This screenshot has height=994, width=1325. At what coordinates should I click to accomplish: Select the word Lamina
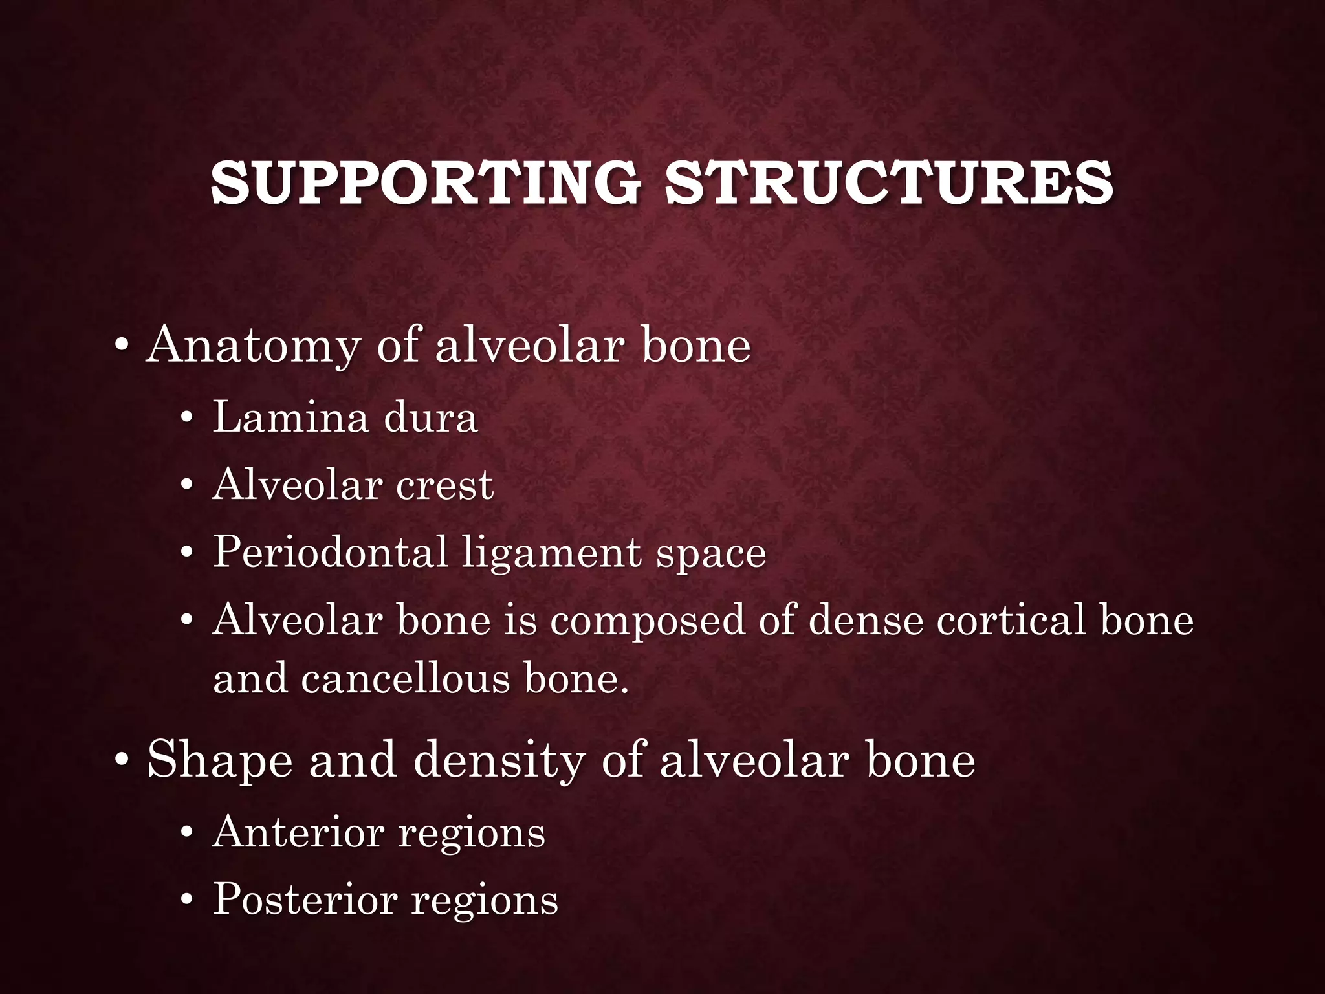coord(290,417)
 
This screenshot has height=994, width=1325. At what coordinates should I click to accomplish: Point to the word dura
coord(430,417)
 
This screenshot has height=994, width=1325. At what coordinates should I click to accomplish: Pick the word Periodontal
coord(330,553)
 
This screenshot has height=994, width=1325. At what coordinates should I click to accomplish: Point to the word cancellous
coord(406,679)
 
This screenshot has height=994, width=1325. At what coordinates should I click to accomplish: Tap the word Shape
coord(219,760)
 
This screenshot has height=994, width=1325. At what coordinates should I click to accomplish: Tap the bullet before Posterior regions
coord(187,900)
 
